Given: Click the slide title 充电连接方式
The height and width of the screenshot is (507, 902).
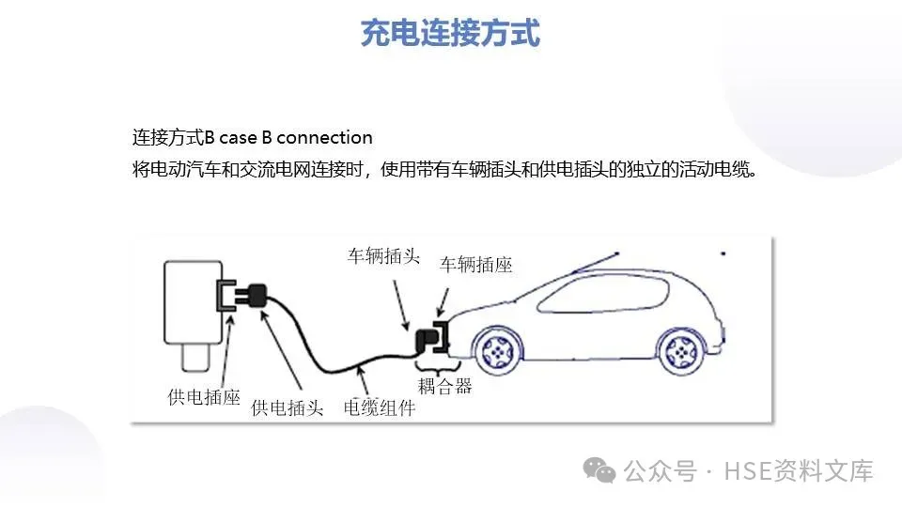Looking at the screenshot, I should coord(451,34).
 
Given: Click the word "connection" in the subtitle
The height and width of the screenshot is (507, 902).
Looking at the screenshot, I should coord(325,137).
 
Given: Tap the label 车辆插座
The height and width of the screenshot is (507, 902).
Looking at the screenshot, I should coord(476,266).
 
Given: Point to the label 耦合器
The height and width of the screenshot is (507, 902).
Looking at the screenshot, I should coord(444,386).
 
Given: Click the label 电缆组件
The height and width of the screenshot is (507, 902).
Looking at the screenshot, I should coord(379,408).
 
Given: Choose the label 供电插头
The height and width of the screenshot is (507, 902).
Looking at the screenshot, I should coord(288,408).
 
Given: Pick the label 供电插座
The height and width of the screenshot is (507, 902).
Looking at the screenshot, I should coord(204,397).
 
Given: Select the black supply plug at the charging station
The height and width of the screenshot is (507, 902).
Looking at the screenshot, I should coord(250,296).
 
